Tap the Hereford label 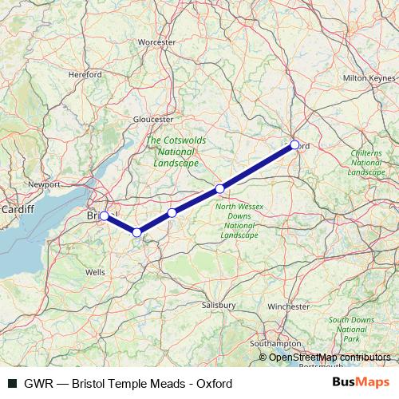click(x=85, y=74)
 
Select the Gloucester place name click(x=153, y=119)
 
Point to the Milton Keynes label click(x=369, y=78)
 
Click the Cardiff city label click(x=17, y=209)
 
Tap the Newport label click(x=44, y=184)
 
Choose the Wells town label click(x=94, y=272)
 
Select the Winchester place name click(x=288, y=306)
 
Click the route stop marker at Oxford click(x=294, y=144)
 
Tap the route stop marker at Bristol click(x=104, y=215)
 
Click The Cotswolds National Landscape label click(x=176, y=151)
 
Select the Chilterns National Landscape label click(x=367, y=161)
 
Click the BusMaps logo click(x=361, y=383)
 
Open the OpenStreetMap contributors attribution click(x=329, y=358)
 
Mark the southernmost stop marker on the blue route click(x=137, y=232)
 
